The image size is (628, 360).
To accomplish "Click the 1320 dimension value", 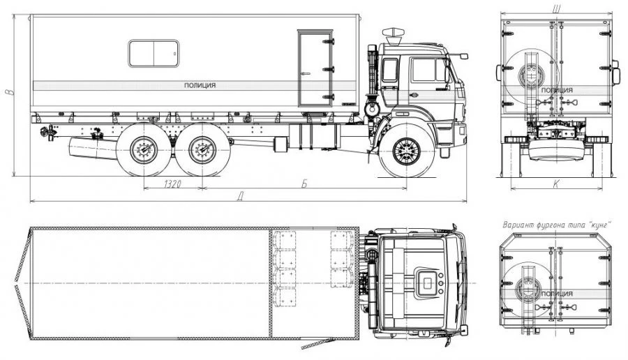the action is (x=172, y=183).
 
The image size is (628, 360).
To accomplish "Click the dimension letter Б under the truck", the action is (x=304, y=183).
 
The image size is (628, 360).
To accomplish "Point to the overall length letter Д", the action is (x=241, y=196).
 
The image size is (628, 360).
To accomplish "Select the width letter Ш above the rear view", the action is (x=556, y=8).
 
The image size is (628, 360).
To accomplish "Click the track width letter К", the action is (x=556, y=183).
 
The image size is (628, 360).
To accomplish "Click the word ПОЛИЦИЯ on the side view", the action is (x=200, y=85).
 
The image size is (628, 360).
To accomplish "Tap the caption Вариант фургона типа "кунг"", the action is (x=557, y=225).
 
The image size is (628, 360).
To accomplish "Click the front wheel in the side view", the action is (x=407, y=151).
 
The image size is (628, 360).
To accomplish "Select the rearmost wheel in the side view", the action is (x=143, y=150).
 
